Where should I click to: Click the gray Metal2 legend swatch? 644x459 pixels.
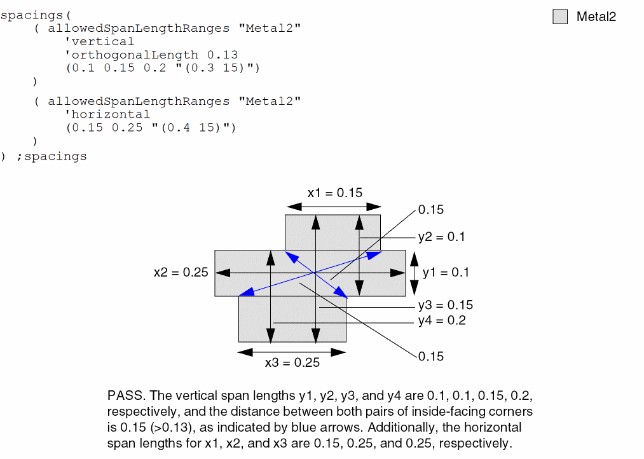(559, 17)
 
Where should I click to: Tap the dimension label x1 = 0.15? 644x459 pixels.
(334, 193)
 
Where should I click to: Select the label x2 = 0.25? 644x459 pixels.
(181, 272)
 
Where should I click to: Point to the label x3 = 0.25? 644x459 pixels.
(292, 363)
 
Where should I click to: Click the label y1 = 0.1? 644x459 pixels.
(446, 272)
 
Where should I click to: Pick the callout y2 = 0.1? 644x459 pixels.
(441, 237)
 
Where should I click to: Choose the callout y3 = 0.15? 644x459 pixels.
(445, 306)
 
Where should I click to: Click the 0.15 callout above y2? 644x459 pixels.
(430, 210)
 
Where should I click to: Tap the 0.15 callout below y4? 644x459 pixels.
(430, 356)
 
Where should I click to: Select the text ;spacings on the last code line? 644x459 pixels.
(51, 156)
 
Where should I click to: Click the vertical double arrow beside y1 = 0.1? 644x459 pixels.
(414, 272)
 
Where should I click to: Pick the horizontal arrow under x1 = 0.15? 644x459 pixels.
(334, 207)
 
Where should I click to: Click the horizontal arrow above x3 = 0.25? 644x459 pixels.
(292, 351)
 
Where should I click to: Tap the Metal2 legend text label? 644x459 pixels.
(596, 17)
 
